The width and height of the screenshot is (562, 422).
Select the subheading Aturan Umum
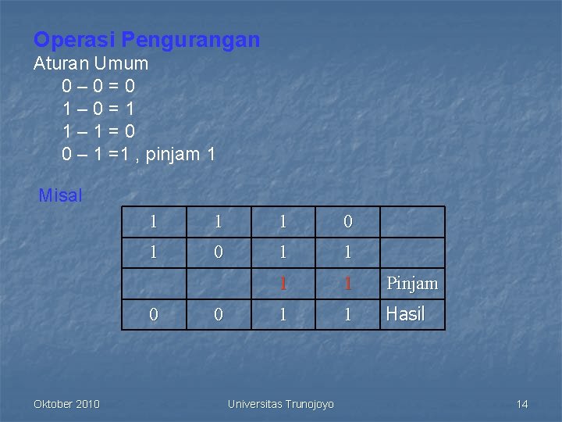click(91, 63)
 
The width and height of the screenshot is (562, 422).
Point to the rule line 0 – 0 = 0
click(98, 86)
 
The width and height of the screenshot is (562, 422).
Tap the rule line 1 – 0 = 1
click(98, 109)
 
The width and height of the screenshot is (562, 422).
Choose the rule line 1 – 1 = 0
click(98, 131)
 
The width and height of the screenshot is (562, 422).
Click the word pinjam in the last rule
click(170, 154)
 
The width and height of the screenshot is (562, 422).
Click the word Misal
click(60, 195)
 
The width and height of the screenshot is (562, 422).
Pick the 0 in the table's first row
click(347, 222)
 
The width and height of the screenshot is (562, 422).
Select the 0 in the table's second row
click(219, 252)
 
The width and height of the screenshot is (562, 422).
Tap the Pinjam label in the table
click(412, 283)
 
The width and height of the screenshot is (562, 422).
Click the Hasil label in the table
click(405, 314)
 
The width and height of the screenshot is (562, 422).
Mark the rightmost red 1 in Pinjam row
click(347, 283)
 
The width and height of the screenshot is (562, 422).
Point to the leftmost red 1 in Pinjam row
click(283, 283)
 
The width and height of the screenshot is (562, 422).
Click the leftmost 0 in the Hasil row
click(154, 314)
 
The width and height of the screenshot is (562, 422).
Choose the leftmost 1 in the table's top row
click(154, 222)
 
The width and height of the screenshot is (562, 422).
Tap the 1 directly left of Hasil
click(347, 314)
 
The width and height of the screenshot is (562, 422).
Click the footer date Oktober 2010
click(66, 404)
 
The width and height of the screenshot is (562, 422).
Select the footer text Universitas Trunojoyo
click(281, 404)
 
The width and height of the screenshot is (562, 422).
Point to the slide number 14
click(522, 404)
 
